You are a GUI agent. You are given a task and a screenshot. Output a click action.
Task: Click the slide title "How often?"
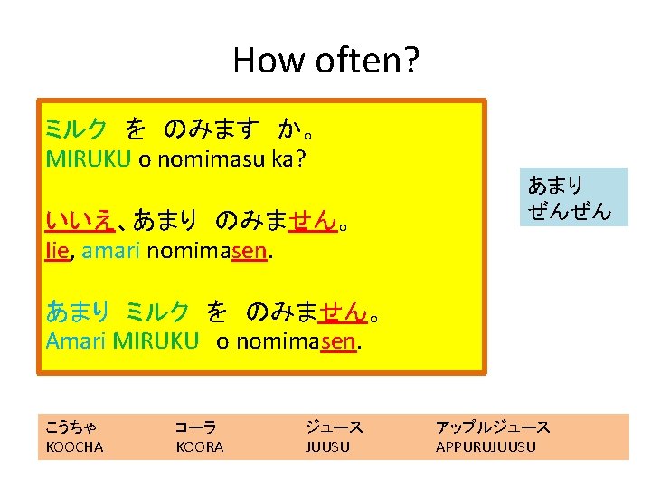(325, 61)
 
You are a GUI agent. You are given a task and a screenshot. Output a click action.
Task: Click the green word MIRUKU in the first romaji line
(89, 159)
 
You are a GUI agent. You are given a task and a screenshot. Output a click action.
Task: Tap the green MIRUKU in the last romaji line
(156, 340)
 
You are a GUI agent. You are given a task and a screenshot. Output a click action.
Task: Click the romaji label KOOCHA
(74, 446)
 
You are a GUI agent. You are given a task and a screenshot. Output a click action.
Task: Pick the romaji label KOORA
(199, 446)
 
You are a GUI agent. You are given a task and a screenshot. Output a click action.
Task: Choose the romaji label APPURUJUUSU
(486, 446)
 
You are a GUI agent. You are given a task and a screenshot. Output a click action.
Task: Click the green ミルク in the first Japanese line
(76, 129)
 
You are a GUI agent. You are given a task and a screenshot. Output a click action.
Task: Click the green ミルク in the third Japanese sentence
(157, 312)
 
